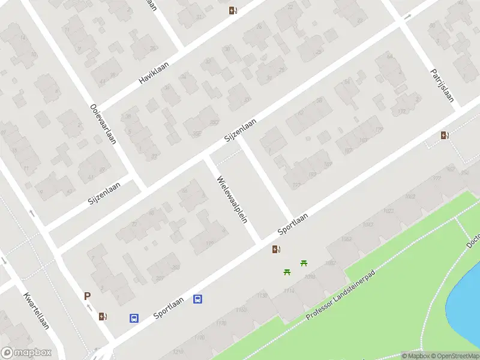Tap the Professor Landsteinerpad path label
point(340,294)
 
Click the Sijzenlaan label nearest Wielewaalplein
point(240,130)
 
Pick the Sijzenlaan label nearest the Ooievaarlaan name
point(104,193)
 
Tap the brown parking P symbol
point(87,296)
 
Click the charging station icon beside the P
point(103,316)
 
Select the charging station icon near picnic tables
point(276,250)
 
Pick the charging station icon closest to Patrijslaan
point(445,136)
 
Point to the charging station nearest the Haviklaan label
point(233,10)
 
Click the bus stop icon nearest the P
point(134,319)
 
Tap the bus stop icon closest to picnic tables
point(197,299)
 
